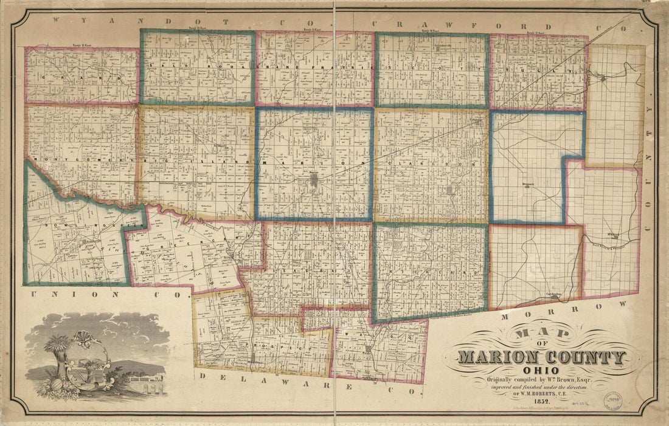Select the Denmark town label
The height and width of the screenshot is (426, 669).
527,182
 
